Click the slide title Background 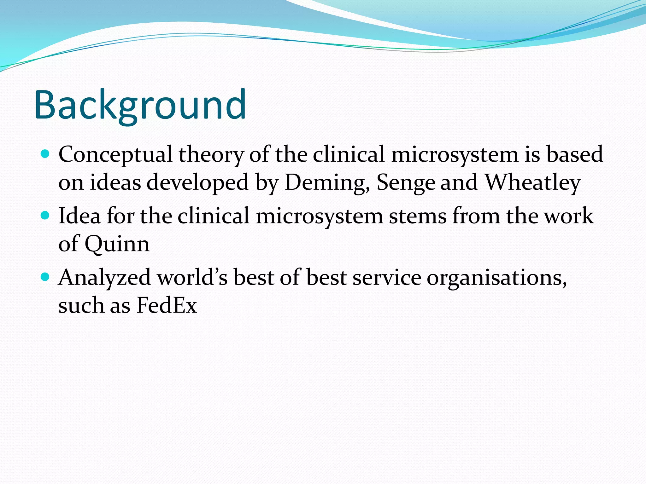(x=140, y=105)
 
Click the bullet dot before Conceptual (x=46, y=154)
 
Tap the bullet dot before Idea (x=46, y=216)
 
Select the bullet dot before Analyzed (x=46, y=277)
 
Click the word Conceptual (x=115, y=155)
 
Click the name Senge (x=406, y=183)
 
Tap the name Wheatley (x=532, y=183)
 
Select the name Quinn (x=117, y=244)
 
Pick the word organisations (x=496, y=278)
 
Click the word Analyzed (x=105, y=278)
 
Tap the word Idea (x=80, y=216)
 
